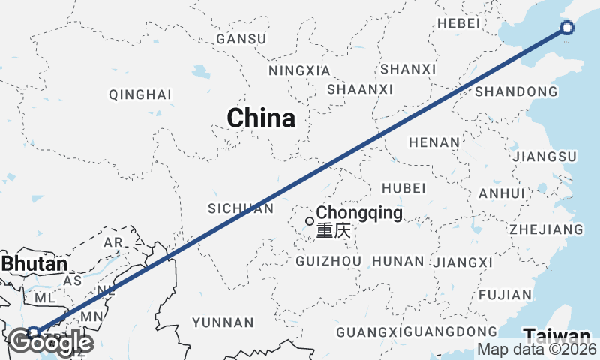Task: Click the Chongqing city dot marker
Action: [309, 221]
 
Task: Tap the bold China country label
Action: [260, 118]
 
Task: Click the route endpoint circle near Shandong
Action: [567, 28]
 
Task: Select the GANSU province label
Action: [241, 39]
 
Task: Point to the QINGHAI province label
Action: [140, 94]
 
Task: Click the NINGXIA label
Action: [298, 70]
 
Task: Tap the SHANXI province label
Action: [408, 69]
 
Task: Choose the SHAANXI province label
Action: [360, 89]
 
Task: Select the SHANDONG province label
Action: [516, 91]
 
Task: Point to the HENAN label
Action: [433, 142]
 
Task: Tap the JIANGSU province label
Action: [543, 157]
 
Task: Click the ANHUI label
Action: [501, 193]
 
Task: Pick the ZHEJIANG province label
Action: [546, 229]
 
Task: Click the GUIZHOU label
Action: [328, 261]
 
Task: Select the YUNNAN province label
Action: [223, 322]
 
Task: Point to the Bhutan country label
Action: [34, 264]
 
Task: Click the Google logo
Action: [51, 343]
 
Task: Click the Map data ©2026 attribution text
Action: [537, 349]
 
